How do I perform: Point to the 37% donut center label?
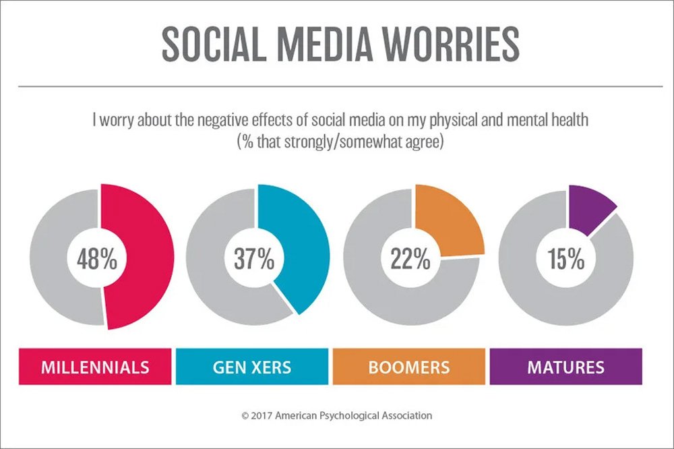(253, 260)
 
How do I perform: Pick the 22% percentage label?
(410, 260)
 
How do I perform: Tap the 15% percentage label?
(566, 260)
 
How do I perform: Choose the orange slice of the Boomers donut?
(452, 216)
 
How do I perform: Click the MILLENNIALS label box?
(95, 367)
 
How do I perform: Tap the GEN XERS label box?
(252, 367)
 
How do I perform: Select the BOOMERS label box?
(409, 367)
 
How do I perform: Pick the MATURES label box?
(565, 367)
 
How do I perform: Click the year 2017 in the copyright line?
(262, 416)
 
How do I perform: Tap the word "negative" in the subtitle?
(218, 123)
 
